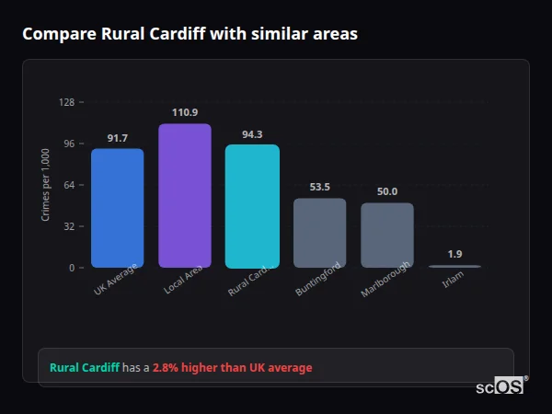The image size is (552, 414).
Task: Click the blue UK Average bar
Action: tap(117, 208)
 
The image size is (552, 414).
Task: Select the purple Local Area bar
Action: tap(184, 196)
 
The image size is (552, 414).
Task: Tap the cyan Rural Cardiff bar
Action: tap(252, 206)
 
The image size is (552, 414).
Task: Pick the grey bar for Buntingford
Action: tap(319, 233)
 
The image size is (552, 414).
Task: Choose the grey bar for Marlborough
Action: tap(387, 236)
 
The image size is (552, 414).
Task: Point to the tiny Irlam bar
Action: tap(454, 266)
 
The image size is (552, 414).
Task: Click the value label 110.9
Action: tap(184, 112)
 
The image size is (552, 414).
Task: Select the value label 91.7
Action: tap(117, 138)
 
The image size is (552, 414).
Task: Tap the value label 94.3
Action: tap(252, 134)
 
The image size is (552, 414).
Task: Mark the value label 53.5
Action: tap(319, 187)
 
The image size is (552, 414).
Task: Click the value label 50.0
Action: tap(387, 191)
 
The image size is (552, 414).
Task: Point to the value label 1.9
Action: tap(454, 254)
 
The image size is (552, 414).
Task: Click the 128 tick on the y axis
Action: tap(66, 102)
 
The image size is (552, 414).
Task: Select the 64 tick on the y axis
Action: tap(68, 185)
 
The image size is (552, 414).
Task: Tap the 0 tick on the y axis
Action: tap(71, 268)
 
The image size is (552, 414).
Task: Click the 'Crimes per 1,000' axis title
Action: tap(45, 184)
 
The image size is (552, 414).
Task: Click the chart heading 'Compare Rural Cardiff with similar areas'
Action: tap(190, 34)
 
